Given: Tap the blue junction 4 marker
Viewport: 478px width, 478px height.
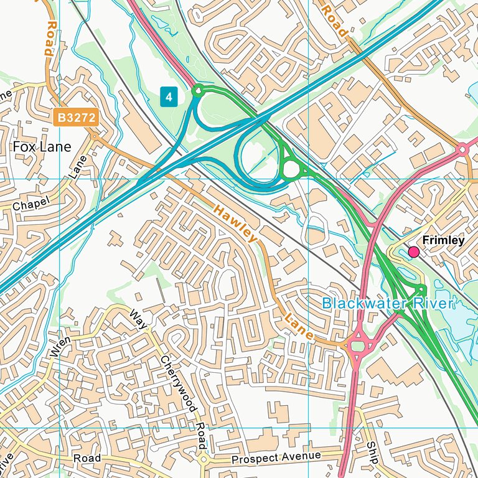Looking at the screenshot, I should (169, 96).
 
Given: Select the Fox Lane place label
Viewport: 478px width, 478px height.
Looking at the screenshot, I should (42, 147).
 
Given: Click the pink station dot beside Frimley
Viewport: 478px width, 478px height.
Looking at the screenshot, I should (413, 251).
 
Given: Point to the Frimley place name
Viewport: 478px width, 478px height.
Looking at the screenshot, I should (443, 240).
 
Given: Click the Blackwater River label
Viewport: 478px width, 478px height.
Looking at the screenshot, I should (388, 304).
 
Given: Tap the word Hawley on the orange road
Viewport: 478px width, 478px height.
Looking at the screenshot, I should (234, 223).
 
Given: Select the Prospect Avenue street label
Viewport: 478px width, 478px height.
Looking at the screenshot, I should (276, 458).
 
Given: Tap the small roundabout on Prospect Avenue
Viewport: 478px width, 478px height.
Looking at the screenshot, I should (204, 460).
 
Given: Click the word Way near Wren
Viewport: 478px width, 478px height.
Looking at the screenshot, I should (138, 319).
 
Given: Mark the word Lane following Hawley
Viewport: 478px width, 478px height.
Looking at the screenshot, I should (299, 326).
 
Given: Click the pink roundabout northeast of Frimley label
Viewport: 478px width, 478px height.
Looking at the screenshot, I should (462, 149).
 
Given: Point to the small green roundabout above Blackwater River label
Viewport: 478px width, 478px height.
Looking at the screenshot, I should (421, 288).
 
